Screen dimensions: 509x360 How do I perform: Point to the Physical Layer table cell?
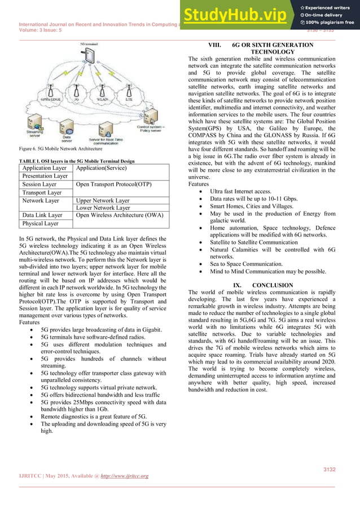coord(41,223)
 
